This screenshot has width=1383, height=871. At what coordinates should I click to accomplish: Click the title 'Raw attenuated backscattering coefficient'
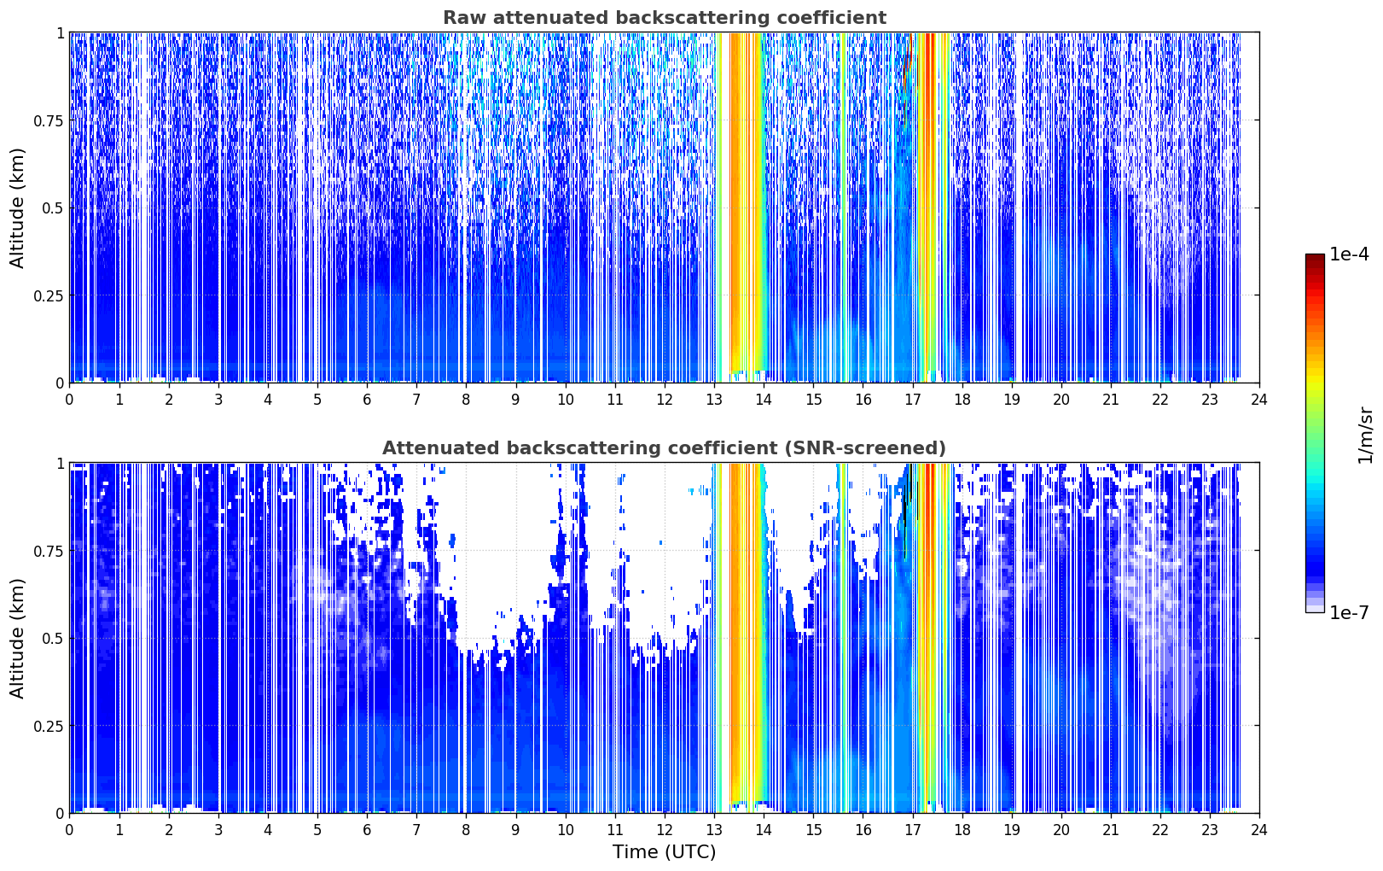665,17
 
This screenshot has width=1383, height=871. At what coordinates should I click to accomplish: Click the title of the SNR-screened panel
665,447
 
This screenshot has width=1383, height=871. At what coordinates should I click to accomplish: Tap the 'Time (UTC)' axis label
665,852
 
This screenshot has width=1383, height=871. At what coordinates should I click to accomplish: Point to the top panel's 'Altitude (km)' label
17,208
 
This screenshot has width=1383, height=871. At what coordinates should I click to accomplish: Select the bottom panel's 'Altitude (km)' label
17,639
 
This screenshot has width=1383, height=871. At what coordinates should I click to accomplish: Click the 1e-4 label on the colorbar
1349,254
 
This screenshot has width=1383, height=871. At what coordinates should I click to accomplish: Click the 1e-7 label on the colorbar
1349,613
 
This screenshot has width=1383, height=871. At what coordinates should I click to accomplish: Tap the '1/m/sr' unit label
1365,435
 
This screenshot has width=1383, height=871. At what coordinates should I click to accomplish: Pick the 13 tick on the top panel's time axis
714,400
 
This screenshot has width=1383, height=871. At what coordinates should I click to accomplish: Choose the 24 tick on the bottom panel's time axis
1259,830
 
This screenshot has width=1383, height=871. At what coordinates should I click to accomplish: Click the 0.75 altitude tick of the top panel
48,121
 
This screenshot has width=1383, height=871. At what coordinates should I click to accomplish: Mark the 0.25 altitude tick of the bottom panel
48,727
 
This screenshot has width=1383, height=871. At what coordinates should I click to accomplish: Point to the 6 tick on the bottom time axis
367,830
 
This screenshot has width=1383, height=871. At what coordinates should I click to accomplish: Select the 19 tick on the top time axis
1012,400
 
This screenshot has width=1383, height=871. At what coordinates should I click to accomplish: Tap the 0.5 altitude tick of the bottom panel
53,639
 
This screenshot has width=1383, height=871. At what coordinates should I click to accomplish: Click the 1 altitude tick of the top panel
61,33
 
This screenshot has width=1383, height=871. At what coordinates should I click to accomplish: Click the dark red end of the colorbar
1315,258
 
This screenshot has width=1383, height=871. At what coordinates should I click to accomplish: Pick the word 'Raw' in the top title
465,17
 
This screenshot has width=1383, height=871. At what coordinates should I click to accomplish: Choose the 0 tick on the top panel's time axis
69,400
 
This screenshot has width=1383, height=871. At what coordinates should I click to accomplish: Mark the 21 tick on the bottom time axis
1112,830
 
